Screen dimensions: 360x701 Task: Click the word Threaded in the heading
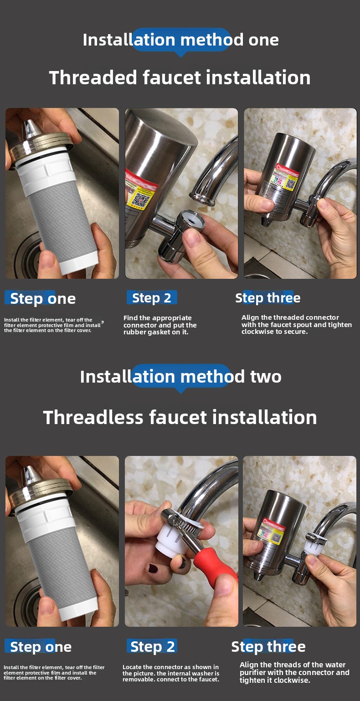click(93, 77)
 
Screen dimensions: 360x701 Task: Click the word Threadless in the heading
click(93, 417)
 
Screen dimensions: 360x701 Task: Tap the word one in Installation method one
click(263, 40)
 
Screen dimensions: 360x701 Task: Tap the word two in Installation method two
click(266, 376)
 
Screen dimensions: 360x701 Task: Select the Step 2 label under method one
click(152, 298)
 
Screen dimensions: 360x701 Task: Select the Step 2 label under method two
click(153, 646)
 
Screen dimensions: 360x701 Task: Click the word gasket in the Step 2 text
click(160, 333)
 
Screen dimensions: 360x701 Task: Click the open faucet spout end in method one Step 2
click(203, 198)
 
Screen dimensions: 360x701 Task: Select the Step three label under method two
click(268, 646)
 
